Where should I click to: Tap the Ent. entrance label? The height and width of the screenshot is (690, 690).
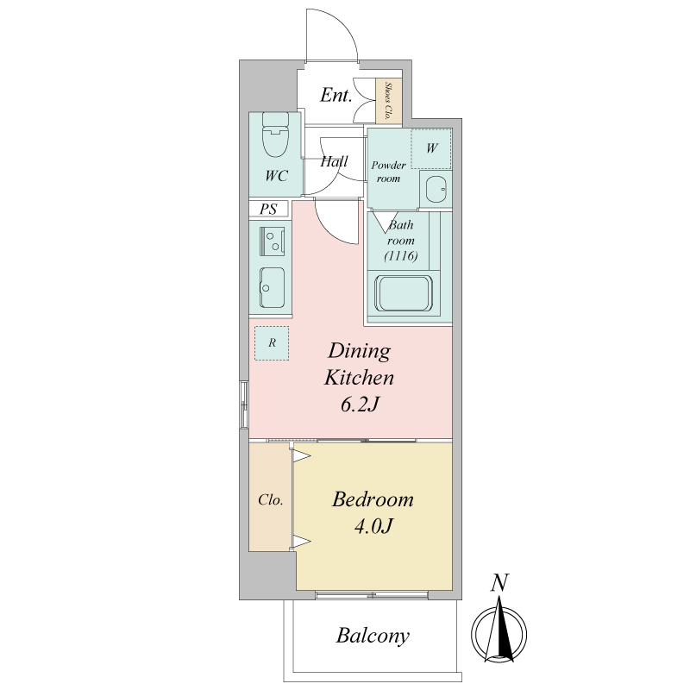(336, 95)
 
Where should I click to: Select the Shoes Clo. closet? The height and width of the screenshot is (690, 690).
(389, 101)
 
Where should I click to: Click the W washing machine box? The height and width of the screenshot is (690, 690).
(431, 148)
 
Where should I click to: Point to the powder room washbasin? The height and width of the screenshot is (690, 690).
(436, 189)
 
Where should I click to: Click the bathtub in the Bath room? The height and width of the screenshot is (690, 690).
(404, 293)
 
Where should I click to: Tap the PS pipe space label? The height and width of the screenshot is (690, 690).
(268, 209)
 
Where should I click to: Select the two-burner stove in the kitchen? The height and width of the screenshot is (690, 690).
(273, 241)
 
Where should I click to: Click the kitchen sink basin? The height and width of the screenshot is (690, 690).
(272, 287)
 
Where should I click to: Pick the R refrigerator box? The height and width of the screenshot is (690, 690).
(272, 343)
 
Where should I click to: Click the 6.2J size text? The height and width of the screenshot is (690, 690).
(360, 405)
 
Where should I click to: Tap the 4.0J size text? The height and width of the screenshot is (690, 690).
(373, 526)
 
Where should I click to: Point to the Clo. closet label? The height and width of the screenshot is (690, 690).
(271, 500)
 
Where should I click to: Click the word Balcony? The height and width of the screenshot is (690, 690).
(373, 636)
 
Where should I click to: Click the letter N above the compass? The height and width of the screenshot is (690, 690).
(499, 583)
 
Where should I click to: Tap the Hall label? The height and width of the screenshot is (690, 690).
(334, 161)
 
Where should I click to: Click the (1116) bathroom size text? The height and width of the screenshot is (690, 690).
(400, 255)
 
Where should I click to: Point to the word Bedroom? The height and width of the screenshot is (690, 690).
(373, 500)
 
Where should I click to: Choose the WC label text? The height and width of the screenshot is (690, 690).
(276, 176)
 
